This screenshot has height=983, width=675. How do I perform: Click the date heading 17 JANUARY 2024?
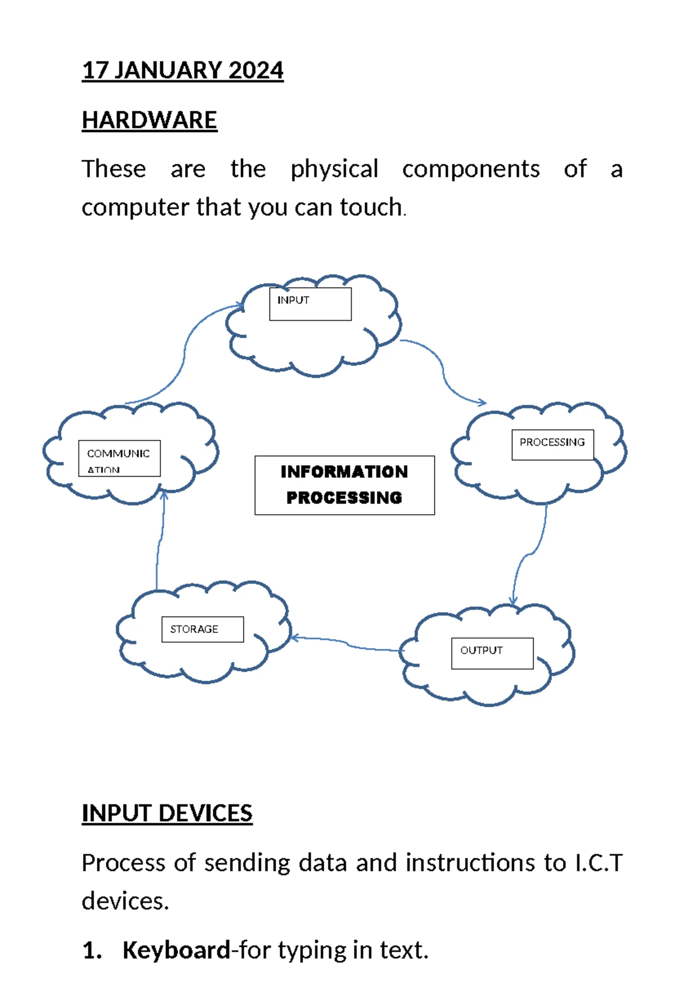tap(182, 70)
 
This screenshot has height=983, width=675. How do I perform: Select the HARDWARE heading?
tap(149, 120)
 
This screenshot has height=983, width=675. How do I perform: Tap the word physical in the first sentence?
tap(334, 169)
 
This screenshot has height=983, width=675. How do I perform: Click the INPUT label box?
tap(310, 304)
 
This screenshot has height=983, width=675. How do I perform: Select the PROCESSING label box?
tap(552, 445)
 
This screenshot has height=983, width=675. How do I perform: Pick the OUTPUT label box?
tap(492, 653)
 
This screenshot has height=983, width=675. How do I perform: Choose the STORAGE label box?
tap(202, 629)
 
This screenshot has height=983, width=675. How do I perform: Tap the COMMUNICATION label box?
tap(119, 458)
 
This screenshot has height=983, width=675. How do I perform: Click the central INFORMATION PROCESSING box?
tap(344, 485)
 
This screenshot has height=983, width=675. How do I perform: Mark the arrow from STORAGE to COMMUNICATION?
tap(160, 540)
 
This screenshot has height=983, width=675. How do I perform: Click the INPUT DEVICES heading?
tap(167, 813)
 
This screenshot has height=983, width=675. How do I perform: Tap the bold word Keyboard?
tap(176, 950)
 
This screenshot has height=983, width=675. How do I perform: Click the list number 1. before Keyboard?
tap(92, 950)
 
